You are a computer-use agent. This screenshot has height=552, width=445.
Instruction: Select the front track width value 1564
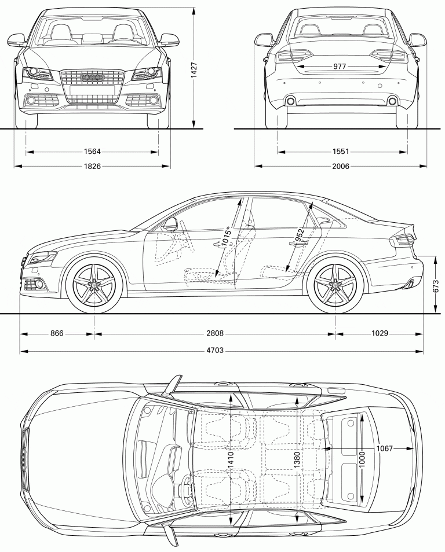(92, 152)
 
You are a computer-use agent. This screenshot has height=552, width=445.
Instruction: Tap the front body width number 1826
(92, 166)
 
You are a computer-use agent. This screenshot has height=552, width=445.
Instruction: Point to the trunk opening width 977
(340, 67)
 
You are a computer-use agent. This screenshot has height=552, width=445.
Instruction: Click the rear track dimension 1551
(341, 152)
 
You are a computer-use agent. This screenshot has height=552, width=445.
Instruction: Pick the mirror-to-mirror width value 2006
(341, 166)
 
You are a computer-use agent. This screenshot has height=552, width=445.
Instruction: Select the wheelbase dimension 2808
(214, 333)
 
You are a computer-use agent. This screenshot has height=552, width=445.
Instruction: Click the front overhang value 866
(57, 333)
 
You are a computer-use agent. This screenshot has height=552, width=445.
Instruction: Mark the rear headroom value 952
(300, 234)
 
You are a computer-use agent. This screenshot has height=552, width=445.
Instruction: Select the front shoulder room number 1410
(231, 459)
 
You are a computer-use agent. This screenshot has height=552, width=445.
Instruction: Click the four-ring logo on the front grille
(92, 77)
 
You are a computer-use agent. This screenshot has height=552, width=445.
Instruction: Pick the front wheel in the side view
(94, 285)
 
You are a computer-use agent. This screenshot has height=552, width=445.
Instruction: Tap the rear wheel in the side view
(335, 285)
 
